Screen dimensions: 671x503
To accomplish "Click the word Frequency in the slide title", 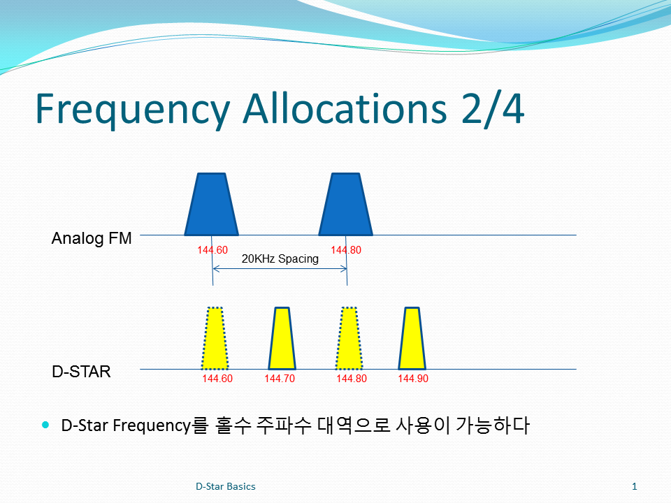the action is tap(133, 110).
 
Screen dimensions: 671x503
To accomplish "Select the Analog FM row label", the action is tap(92, 238).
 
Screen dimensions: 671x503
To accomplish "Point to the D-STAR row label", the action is tap(81, 372).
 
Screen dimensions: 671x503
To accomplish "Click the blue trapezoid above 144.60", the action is tap(211, 205).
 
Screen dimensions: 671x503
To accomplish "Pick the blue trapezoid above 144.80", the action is tap(346, 205).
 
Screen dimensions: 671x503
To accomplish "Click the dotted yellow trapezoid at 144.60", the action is tap(215, 338).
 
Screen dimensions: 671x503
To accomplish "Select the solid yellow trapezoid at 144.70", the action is tap(282, 338).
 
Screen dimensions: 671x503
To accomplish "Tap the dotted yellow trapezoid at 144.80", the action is tap(349, 338).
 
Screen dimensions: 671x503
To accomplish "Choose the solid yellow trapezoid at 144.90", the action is tap(412, 338).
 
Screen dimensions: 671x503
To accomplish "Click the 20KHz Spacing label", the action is tap(280, 258).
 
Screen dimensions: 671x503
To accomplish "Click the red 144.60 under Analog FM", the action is tap(212, 250).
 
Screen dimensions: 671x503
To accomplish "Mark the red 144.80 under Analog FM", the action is tap(346, 250).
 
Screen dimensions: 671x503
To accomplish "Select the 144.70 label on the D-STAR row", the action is tap(280, 379).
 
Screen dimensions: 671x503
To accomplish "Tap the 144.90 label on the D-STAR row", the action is tap(413, 379).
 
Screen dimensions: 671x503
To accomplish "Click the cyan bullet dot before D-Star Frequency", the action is tap(46, 425).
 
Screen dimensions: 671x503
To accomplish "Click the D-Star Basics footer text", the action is tap(226, 486).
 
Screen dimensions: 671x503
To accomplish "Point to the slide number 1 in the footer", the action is tap(635, 486).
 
